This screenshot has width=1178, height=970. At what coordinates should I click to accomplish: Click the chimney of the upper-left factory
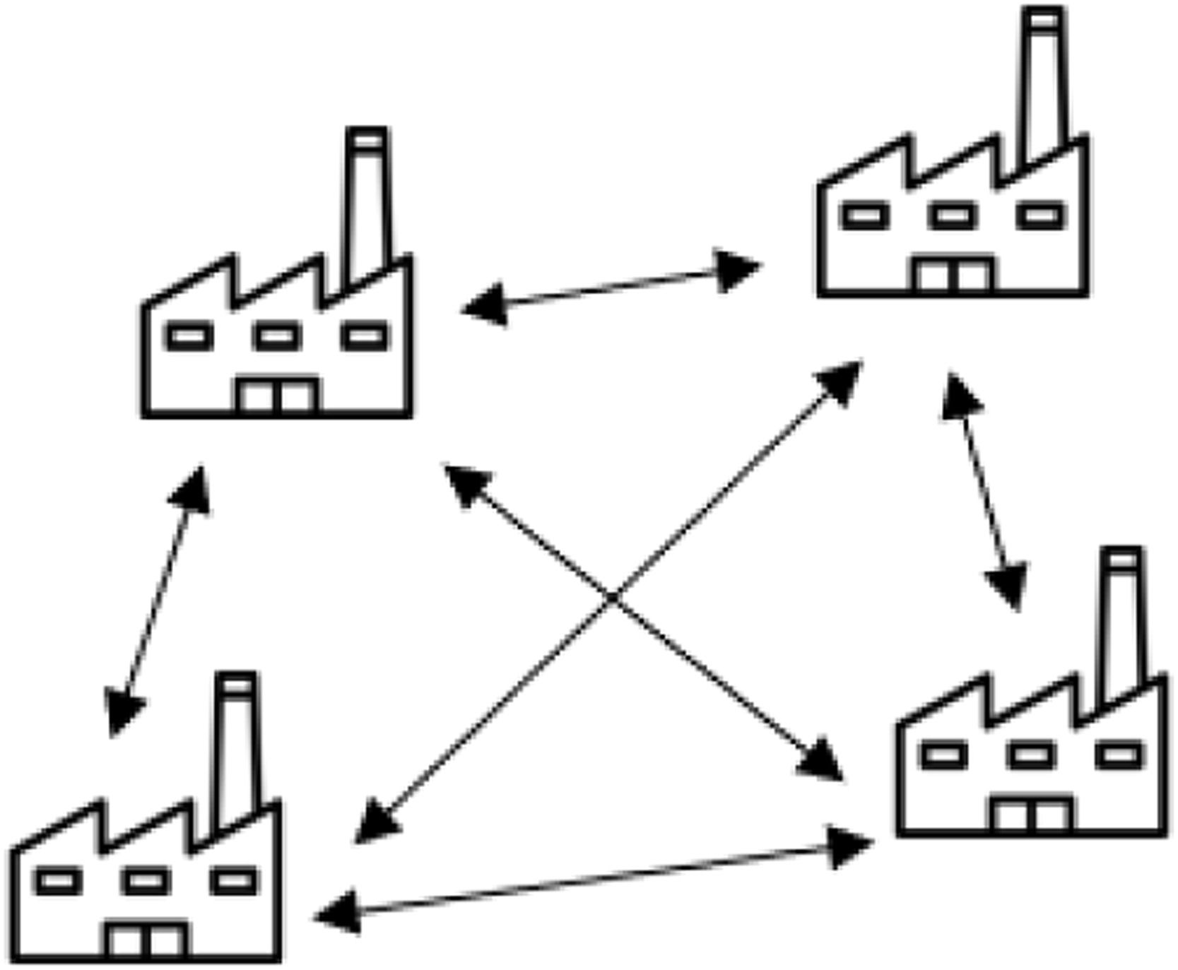click(x=367, y=205)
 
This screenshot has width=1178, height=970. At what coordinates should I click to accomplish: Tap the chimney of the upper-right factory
click(x=1043, y=85)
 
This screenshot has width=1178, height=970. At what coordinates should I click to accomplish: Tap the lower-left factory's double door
click(x=147, y=940)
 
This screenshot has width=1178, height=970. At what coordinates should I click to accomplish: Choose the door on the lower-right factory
click(x=1032, y=815)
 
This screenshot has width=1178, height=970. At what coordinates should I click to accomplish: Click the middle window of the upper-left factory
click(x=277, y=336)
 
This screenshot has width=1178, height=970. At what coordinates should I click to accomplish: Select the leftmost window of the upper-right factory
click(x=865, y=215)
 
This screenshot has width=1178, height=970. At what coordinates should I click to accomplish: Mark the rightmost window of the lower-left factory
click(x=235, y=881)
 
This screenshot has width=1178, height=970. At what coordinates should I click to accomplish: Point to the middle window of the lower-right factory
click(x=1032, y=755)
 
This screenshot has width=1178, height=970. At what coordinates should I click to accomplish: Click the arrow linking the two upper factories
click(x=611, y=288)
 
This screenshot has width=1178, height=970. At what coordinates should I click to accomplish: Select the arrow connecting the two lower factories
click(x=594, y=880)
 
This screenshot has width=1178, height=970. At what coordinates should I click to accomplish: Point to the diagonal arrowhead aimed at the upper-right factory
click(x=842, y=380)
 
